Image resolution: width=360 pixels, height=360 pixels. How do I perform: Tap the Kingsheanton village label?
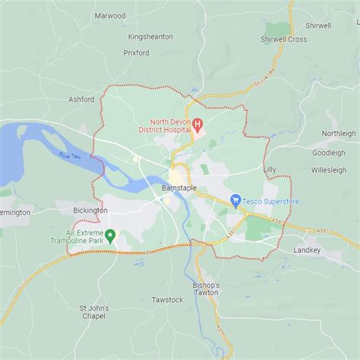pos(150,36)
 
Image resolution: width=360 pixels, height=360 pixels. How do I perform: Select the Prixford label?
pos(136,53)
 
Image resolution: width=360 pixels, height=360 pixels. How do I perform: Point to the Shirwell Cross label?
pos(283,39)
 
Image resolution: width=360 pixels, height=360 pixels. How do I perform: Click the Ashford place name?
pos(81,99)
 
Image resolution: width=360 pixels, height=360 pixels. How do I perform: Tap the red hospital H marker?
pos(197,124)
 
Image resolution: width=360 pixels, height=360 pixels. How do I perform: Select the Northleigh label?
pos(338,134)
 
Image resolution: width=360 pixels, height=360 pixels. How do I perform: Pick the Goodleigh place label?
pos(328,153)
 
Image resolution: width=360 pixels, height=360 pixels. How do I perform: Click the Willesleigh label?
pos(328,171)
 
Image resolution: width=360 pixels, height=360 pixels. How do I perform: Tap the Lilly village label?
pos(270,169)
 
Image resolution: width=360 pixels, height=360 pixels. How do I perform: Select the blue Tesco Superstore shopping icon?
pos(235,201)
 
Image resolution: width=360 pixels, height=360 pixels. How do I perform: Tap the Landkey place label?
pos(307,250)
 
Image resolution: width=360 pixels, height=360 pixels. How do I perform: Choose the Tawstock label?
pos(167,300)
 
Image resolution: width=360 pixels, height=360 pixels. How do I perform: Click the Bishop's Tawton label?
pos(205,289)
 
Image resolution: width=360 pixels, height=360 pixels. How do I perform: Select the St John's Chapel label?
pos(93,311)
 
